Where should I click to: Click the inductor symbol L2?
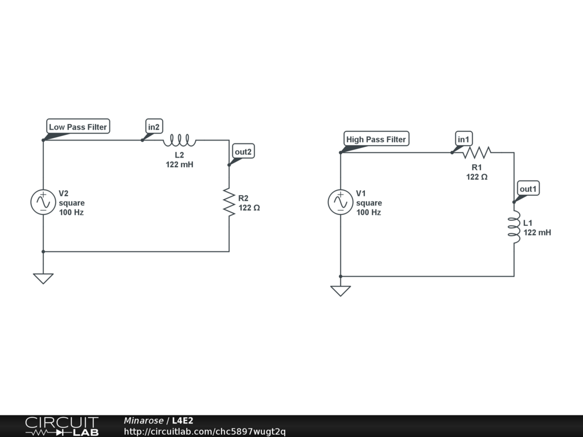click(x=180, y=139)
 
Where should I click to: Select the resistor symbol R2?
click(x=229, y=203)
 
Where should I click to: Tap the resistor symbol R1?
click(x=476, y=152)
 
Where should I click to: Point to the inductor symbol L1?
click(x=514, y=227)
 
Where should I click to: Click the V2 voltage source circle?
click(x=43, y=203)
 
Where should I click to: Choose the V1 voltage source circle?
click(x=340, y=203)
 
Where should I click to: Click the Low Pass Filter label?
click(x=77, y=127)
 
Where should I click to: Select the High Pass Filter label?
click(x=376, y=139)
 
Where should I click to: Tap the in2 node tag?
click(x=154, y=127)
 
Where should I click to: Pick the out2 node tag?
click(x=243, y=152)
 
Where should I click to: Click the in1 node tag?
click(x=463, y=139)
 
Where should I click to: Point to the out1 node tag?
click(x=528, y=189)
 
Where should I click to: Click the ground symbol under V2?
click(x=43, y=278)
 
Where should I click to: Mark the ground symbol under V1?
click(x=340, y=291)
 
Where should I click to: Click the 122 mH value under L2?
click(x=179, y=164)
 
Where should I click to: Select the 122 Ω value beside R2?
click(x=249, y=208)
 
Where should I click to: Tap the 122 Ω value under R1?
click(x=477, y=177)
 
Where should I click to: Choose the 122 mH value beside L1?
click(x=537, y=232)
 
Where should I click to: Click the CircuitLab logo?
click(x=61, y=426)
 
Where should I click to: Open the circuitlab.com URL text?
click(x=204, y=431)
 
